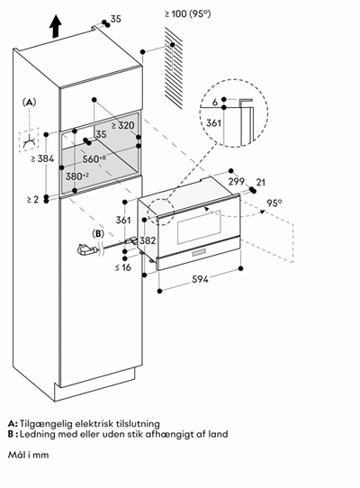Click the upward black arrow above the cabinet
point(56,26)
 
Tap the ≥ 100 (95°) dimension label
point(187,14)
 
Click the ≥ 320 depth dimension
point(123,125)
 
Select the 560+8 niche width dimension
point(94,158)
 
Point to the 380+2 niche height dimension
point(77,176)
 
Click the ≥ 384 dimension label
point(42,158)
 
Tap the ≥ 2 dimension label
point(32,199)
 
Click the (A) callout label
point(29,102)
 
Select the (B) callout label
point(98,234)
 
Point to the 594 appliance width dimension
point(200,279)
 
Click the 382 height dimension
point(148,240)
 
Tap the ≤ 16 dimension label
point(123,267)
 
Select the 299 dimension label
point(237,181)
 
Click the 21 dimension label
point(260,182)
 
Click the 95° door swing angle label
point(274,203)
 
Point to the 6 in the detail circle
point(215,102)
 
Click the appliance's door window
point(199,227)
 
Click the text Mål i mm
point(28,455)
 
